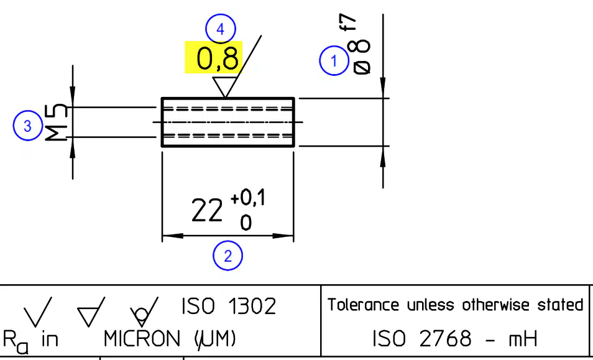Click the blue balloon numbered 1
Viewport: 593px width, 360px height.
point(334,60)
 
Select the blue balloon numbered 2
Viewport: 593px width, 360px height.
point(228,256)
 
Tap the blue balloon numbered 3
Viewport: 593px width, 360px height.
point(27,126)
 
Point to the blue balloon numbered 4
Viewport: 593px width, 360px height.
point(221,29)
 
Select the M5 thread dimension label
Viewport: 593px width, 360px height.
point(57,122)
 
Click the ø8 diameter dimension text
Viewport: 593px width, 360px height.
point(362,57)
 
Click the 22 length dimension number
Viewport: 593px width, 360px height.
point(206,211)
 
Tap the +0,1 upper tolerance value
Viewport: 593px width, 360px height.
point(248,198)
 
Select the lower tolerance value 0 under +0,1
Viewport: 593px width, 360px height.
point(246,223)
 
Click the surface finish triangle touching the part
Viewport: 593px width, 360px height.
point(224,87)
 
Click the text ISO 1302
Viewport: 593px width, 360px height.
point(229,307)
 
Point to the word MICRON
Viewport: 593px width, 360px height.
point(142,339)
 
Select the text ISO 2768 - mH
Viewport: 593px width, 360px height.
point(455,338)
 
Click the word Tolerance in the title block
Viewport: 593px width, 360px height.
point(363,305)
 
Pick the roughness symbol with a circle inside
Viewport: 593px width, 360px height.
point(144,312)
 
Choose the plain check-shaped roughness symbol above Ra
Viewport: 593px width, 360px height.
point(38,312)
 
